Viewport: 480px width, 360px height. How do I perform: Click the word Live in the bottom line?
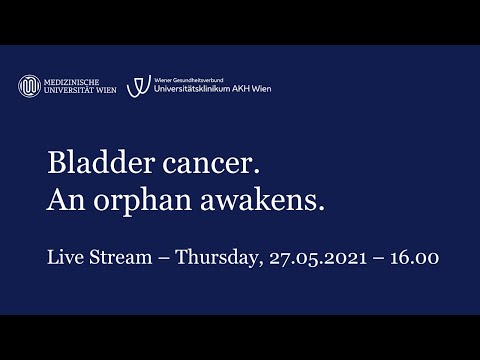(65, 258)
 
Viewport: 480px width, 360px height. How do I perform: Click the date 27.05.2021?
(321, 258)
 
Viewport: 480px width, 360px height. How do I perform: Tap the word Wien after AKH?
(261, 89)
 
